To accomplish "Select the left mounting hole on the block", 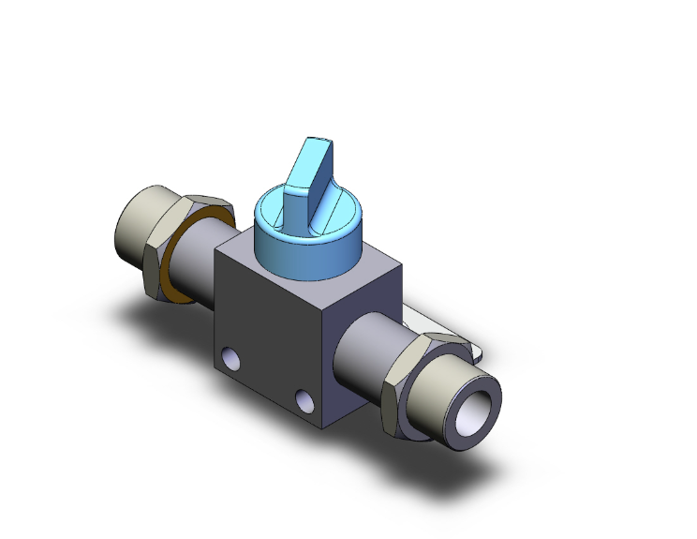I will [228, 358].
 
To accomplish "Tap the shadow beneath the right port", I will [468, 478].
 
